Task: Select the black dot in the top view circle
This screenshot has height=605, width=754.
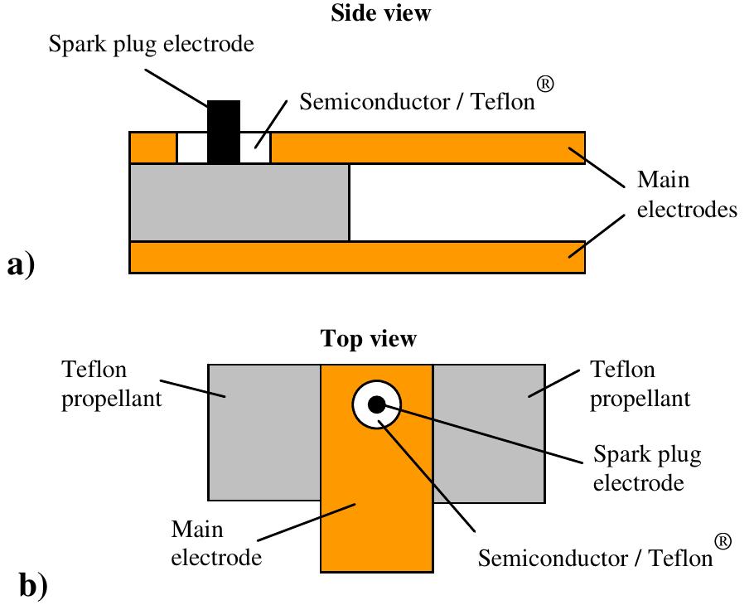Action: click(376, 404)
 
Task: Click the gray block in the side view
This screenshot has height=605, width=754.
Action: click(239, 202)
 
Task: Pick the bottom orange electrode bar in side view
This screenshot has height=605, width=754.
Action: click(357, 257)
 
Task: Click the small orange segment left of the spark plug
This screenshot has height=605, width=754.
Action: click(153, 147)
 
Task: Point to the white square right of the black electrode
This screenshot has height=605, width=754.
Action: click(255, 147)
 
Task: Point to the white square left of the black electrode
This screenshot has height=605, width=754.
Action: click(191, 147)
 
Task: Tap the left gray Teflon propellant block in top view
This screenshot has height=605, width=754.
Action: click(263, 432)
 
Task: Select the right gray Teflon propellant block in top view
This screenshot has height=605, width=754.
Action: click(489, 432)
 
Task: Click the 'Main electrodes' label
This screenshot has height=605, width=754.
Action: click(686, 196)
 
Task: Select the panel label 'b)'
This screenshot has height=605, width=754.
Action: click(33, 585)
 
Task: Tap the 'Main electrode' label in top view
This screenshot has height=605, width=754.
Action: click(216, 543)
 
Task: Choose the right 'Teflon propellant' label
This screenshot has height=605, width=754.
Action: click(639, 384)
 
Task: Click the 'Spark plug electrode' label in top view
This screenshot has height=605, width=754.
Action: click(648, 467)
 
